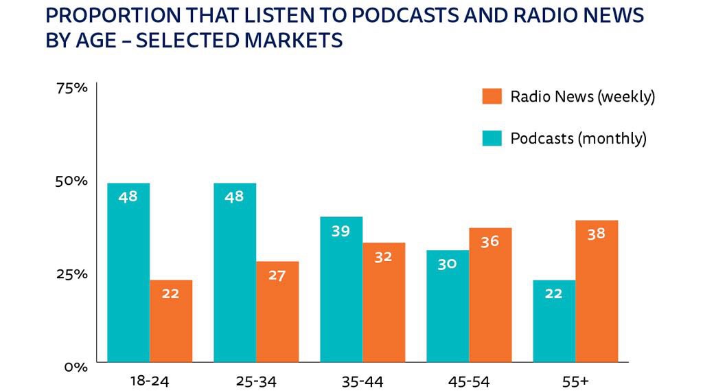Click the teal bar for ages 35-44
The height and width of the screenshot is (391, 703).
341,289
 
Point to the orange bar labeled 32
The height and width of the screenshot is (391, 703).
384,302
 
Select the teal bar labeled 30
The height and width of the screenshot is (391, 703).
448,306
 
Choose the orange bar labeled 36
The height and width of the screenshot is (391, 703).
490,295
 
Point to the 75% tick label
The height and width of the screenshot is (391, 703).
71,89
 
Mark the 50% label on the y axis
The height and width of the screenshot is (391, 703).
71,181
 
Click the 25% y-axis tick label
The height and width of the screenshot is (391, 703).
71,274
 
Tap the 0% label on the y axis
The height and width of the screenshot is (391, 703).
76,367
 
